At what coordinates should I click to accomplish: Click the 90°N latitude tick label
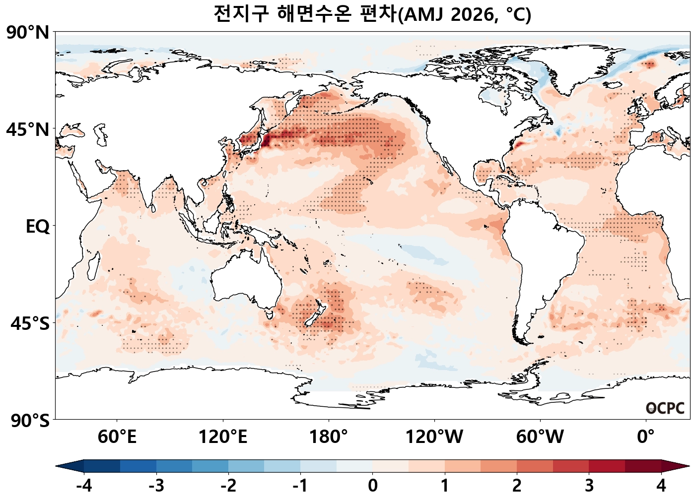[28, 33]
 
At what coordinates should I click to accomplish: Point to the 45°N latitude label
[28, 130]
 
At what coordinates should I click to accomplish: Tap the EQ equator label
[38, 227]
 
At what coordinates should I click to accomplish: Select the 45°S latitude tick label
[30, 323]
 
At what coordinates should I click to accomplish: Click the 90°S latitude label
[30, 421]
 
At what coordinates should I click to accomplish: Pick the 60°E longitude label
[117, 437]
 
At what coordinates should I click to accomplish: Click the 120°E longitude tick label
[223, 437]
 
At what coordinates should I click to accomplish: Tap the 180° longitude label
[329, 437]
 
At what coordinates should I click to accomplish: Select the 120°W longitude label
[434, 437]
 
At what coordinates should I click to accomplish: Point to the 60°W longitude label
[540, 437]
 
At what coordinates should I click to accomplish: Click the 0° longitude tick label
[646, 437]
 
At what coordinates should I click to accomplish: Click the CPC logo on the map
[665, 408]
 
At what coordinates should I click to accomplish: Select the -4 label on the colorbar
[84, 486]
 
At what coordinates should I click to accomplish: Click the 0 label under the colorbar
[373, 486]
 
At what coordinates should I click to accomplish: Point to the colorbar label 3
[589, 486]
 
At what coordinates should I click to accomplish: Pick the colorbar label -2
[228, 486]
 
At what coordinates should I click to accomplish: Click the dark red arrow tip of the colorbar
[683, 466]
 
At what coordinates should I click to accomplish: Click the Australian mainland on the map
[246, 283]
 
